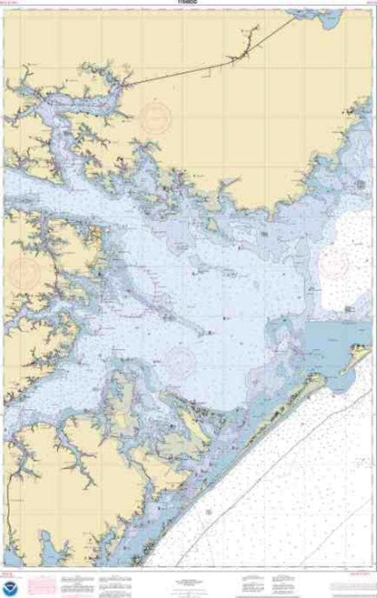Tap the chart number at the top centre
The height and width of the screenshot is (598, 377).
188,3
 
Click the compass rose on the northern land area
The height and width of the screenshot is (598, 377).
155,113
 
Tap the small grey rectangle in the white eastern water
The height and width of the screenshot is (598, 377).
349,309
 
